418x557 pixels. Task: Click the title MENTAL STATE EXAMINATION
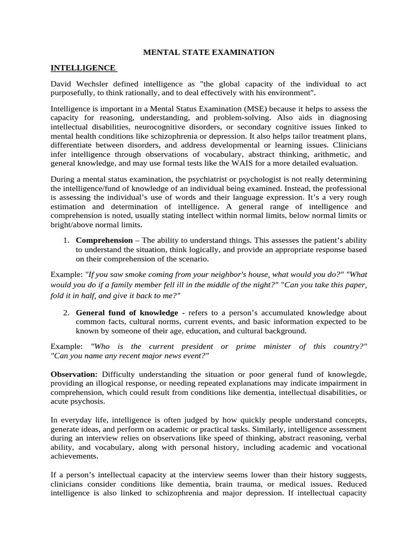[208, 52]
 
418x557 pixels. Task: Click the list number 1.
[66, 240]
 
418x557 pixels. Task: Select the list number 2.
[66, 313]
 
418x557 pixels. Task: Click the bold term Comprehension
[104, 240]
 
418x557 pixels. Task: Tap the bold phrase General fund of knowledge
[127, 313]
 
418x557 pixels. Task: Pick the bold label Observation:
[74, 375]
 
